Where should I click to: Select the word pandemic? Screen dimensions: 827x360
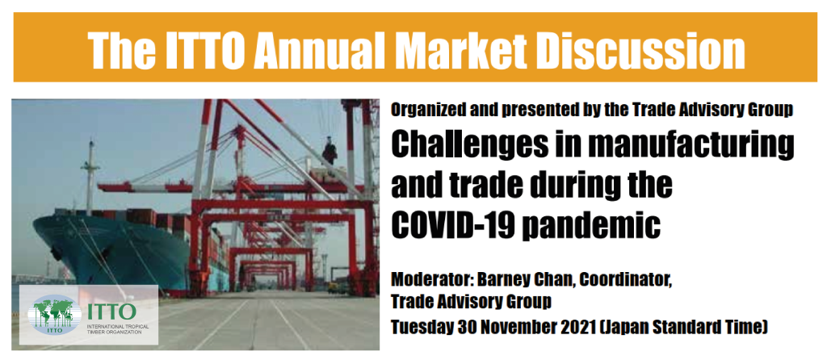tap(594, 227)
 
